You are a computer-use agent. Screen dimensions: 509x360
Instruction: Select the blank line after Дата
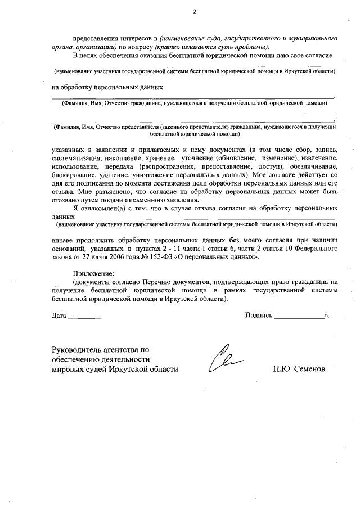pos(85,318)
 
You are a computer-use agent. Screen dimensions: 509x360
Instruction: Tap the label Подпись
pos(259,316)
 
